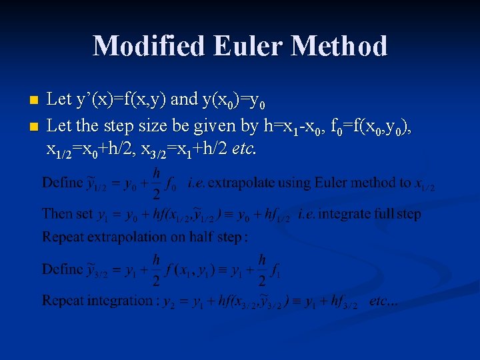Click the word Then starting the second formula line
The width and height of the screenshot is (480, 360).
pos(56,214)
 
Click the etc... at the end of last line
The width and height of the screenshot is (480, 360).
pos(383,301)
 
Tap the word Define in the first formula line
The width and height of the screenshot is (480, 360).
pos(61,183)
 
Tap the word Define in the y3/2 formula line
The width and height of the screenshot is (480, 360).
pos(61,270)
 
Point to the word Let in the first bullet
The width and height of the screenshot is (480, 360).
pos(59,101)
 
